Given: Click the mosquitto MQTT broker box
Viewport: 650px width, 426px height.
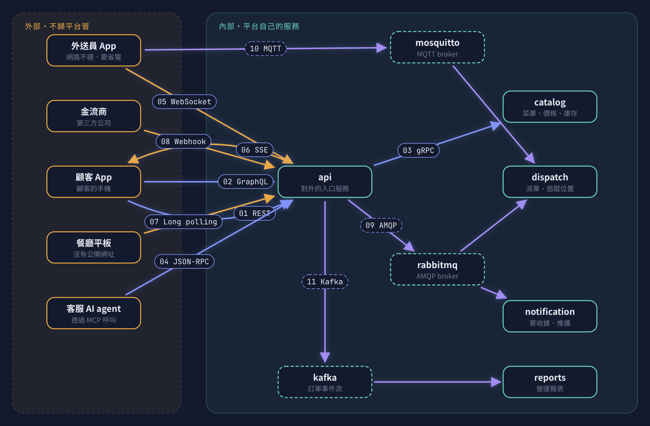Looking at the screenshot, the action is (x=437, y=47).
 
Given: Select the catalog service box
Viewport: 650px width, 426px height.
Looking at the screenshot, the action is (x=550, y=107).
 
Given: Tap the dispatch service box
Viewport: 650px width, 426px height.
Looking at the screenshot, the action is (x=550, y=182).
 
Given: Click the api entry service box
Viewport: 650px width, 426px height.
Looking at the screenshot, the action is (x=325, y=182).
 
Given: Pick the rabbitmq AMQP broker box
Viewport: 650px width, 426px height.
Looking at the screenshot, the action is (x=437, y=269).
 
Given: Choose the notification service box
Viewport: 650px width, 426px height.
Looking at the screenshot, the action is (x=550, y=316).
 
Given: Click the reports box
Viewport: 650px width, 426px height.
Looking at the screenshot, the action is (x=550, y=382).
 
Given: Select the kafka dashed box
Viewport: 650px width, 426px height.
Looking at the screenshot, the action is (x=325, y=382).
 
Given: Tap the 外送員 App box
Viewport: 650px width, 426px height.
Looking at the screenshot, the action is (x=94, y=50).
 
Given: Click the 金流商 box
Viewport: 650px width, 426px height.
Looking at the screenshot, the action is (x=94, y=116).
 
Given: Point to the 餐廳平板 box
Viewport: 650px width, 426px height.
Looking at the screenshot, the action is (x=94, y=247).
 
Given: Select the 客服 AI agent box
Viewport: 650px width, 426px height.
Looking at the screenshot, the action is (x=94, y=313).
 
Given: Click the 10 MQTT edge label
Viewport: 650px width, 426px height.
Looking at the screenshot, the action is (x=265, y=49).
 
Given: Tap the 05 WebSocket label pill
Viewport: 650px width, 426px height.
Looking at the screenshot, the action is (x=184, y=102).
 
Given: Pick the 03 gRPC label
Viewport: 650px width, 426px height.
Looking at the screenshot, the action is (x=418, y=150).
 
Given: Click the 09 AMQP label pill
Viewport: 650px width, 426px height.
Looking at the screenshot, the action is (x=381, y=225).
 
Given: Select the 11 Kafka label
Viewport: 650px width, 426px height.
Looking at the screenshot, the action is (x=325, y=282).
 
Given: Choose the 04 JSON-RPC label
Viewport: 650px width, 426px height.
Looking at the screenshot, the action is (x=184, y=262).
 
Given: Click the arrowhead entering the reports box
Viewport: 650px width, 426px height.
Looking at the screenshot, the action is (x=496, y=382).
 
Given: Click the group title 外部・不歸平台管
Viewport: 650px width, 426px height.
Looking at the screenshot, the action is (x=57, y=26).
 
